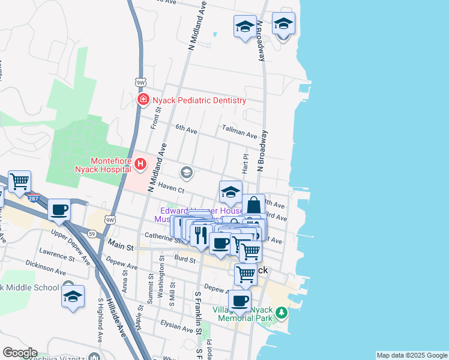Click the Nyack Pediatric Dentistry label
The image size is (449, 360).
[199, 100]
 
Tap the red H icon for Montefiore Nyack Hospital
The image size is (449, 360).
[140, 163]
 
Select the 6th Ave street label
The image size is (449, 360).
[186, 128]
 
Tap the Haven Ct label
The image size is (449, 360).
[171, 188]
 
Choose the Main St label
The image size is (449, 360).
[120, 244]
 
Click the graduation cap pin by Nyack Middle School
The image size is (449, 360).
[73, 297]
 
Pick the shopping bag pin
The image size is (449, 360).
[254, 205]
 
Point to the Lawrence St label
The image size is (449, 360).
[56, 253]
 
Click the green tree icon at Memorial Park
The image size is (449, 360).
[280, 312]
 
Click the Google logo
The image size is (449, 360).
[19, 353]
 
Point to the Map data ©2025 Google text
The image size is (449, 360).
[411, 355]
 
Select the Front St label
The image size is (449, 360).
[156, 118]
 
